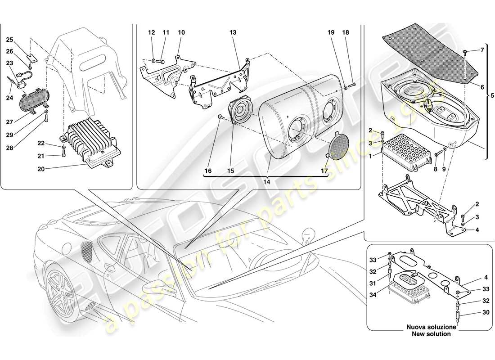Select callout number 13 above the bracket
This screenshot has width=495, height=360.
[x=233, y=33]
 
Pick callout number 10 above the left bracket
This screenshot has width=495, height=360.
[x=181, y=33]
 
